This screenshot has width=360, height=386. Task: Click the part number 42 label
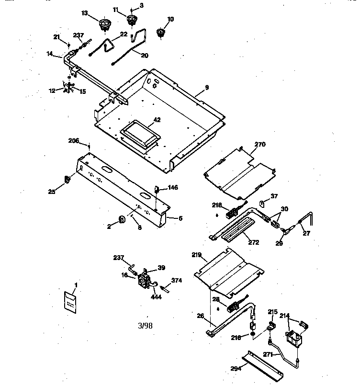click(157, 120)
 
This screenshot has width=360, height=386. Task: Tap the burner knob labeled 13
click(105, 24)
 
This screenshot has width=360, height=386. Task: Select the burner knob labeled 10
click(160, 33)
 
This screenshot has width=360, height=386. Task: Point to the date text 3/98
click(145, 326)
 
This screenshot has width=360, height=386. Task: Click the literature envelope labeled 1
click(70, 302)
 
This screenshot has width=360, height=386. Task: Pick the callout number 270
click(260, 144)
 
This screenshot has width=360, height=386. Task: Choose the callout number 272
click(253, 242)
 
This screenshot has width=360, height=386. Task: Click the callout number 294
click(236, 368)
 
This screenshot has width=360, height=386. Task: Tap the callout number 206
click(74, 141)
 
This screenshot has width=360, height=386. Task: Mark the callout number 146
click(173, 187)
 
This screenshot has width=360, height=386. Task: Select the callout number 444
click(156, 297)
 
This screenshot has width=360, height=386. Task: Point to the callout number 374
click(177, 280)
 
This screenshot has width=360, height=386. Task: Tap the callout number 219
click(197, 255)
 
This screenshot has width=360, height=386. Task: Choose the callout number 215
click(273, 312)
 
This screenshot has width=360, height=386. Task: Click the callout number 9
click(207, 87)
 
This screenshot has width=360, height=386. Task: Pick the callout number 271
click(268, 354)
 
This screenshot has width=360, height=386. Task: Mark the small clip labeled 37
click(262, 204)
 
